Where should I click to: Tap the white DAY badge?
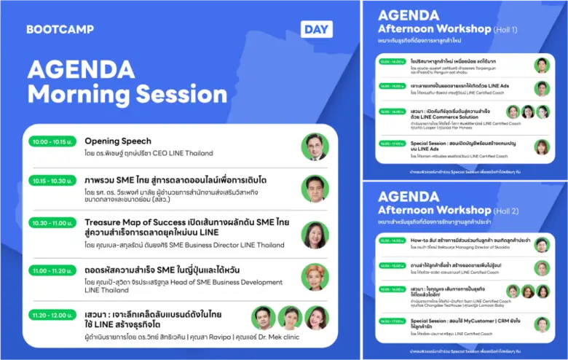click(x=316, y=29)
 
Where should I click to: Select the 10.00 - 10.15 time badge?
click(x=51, y=141)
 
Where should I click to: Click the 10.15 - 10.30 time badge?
click(x=51, y=181)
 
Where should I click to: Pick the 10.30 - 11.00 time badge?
click(x=51, y=223)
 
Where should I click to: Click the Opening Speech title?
click(x=118, y=141)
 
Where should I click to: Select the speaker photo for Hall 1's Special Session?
click(x=541, y=146)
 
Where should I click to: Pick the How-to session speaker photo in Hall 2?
click(x=541, y=244)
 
